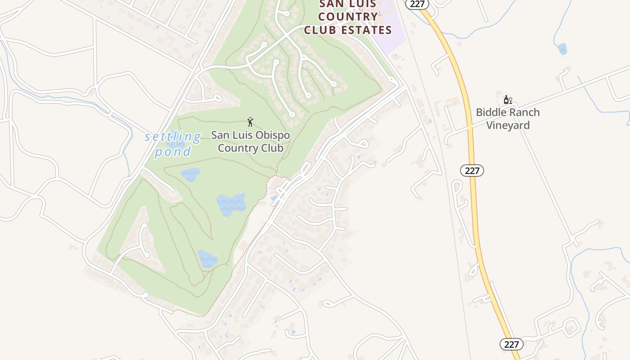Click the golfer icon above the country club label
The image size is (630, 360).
(250, 121)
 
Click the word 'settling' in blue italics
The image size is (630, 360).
(173, 137)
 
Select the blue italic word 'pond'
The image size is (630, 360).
(173, 152)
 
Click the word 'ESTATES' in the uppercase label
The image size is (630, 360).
(367, 30)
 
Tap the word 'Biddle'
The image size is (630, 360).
(492, 112)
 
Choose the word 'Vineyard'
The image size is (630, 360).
(508, 125)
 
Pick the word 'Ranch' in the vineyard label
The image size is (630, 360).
(525, 112)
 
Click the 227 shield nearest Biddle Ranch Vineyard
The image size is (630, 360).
(472, 171)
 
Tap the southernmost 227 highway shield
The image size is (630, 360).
(511, 344)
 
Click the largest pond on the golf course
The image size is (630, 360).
(231, 205)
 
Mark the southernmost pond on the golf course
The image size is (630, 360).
(207, 259)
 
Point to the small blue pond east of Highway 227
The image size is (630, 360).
(562, 49)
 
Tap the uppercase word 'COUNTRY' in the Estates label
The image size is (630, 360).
(348, 17)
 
